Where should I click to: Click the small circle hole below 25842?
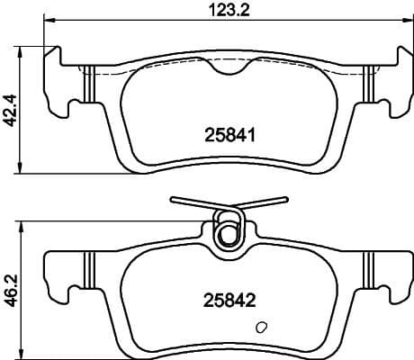(261, 328)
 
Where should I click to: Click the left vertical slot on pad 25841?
(88, 86)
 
